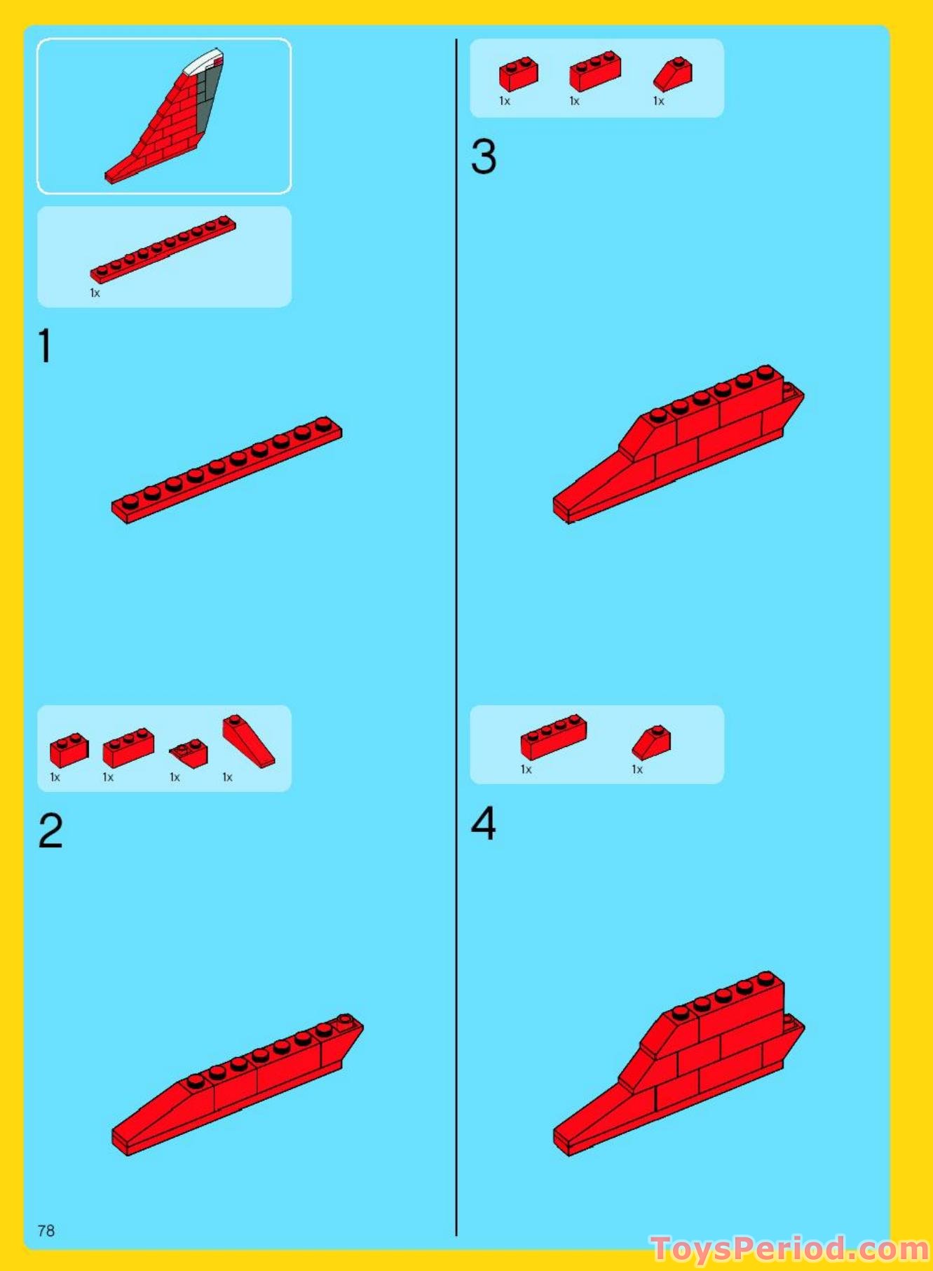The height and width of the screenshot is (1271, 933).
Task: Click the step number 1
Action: (x=45, y=347)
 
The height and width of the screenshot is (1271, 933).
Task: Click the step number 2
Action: (x=50, y=830)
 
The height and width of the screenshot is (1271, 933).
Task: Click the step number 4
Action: (x=484, y=823)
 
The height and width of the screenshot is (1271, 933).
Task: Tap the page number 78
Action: (x=46, y=1230)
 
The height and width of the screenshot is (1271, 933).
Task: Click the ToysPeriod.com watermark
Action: (x=789, y=1249)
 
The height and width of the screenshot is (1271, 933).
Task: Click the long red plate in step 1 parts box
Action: (x=163, y=249)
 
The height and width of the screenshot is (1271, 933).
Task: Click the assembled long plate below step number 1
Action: (x=226, y=469)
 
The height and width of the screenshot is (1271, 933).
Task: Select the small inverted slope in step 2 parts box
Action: (x=189, y=753)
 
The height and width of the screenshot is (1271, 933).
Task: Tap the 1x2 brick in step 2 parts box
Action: (x=69, y=751)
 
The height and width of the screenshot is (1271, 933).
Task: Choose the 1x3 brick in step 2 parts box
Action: (x=128, y=748)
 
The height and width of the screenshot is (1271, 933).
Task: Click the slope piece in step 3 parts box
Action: (x=673, y=75)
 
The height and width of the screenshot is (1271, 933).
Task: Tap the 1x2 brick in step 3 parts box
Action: (x=519, y=74)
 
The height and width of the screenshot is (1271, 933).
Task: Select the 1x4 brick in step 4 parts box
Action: (x=553, y=737)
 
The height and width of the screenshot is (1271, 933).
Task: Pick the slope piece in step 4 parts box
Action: (x=652, y=743)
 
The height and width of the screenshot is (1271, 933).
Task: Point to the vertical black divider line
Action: (x=456, y=631)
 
